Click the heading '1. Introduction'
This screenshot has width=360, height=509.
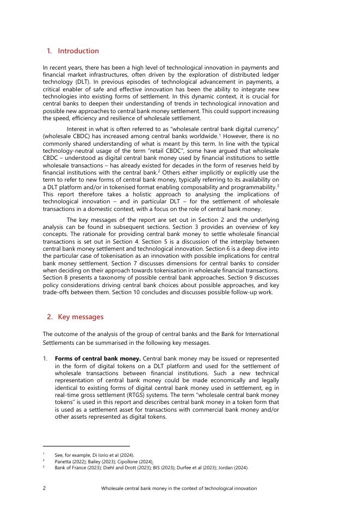click(73, 51)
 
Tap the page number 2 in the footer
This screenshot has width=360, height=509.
click(44, 488)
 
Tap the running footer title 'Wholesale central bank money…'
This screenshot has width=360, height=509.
click(179, 488)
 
